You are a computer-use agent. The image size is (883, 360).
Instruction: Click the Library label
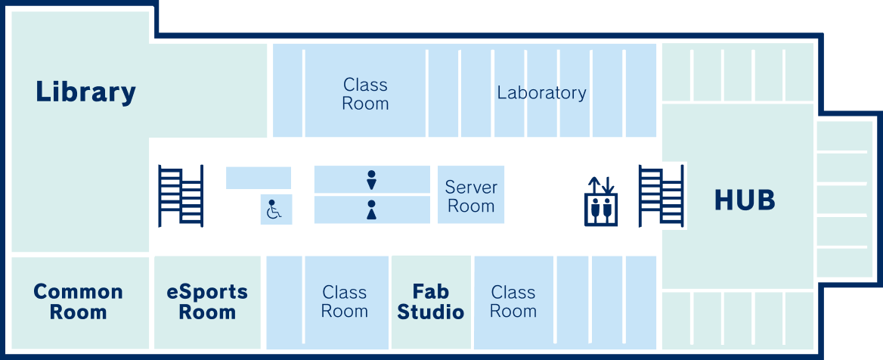coord(85,92)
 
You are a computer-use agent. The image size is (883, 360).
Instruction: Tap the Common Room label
coord(78,302)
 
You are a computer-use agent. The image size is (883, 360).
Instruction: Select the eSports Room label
coord(207,302)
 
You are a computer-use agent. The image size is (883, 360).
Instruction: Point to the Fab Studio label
coord(431,302)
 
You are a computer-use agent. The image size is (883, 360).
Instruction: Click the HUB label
coord(745,200)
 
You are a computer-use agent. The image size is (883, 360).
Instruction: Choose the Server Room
coord(471,196)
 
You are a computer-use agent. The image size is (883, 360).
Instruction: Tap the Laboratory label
coord(541,93)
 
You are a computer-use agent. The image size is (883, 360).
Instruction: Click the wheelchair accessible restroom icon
coord(273,209)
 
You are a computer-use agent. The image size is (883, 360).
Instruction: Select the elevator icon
coord(601,202)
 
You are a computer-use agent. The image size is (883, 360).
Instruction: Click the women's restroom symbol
coord(371,209)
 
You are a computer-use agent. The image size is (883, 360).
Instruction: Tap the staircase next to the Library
coord(181,196)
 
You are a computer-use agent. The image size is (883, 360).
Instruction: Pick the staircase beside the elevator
coord(661,196)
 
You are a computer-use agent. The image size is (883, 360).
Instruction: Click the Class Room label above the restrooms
coord(365,94)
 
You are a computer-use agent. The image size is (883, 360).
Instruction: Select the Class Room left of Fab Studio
coord(344,302)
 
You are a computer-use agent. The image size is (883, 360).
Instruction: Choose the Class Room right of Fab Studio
coord(513,302)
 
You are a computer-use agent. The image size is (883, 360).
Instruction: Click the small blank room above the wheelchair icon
coord(259,178)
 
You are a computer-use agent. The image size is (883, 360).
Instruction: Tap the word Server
coord(471,187)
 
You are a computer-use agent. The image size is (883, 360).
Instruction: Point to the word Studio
coord(431,312)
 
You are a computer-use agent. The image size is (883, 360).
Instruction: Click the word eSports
coord(207,292)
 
